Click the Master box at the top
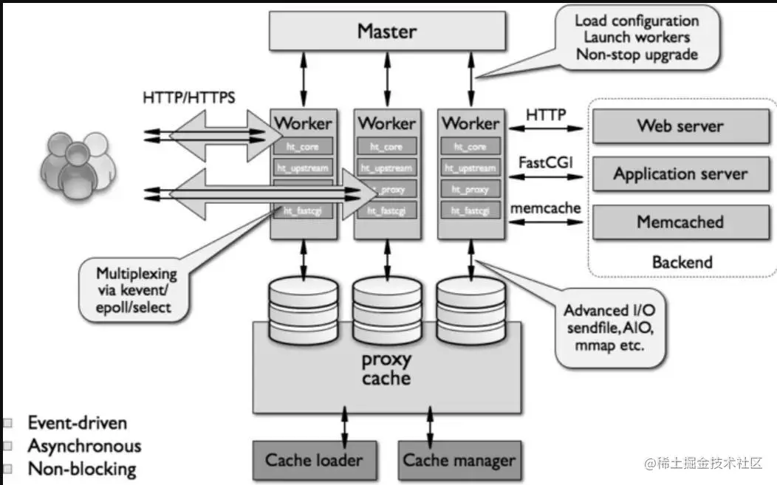386,32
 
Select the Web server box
680,126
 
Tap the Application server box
680,175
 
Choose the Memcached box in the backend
680,222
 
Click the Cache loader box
314,461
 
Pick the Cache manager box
459,461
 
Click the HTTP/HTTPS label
189,97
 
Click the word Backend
682,262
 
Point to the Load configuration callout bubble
636,38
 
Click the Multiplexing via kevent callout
137,289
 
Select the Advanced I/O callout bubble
609,327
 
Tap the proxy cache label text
386,368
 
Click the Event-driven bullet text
78,423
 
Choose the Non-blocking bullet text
82,469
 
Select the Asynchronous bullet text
84,446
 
